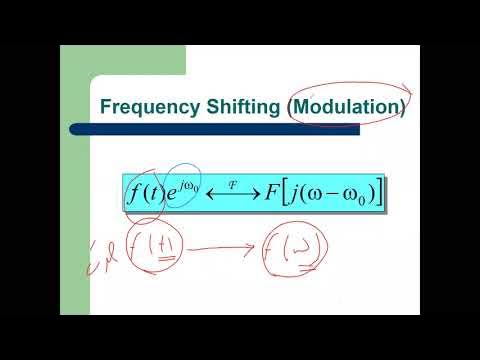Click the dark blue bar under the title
click(250, 127)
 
